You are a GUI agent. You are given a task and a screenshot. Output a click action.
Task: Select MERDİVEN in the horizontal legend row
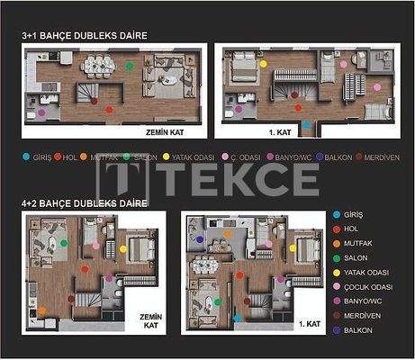click(383, 157)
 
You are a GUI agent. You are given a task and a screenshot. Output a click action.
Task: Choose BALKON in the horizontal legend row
click(335, 157)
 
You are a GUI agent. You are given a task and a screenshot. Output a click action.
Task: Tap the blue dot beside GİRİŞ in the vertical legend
click(336, 214)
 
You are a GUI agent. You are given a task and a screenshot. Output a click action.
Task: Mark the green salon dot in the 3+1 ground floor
click(130, 66)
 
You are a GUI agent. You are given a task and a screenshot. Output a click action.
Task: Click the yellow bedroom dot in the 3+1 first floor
click(262, 64)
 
